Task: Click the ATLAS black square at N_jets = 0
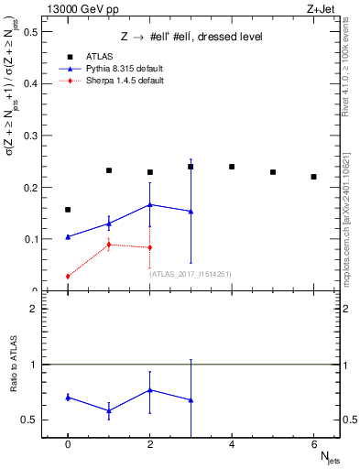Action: pos(68,210)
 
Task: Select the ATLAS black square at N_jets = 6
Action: pos(313,177)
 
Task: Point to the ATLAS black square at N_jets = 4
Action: pos(232,167)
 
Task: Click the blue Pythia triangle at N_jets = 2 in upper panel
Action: pos(149,204)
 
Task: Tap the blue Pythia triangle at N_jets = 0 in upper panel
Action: pos(68,236)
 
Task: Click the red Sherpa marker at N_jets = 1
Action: pos(108,245)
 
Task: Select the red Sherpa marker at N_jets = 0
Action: pos(68,277)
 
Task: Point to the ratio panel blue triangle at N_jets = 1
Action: pos(108,410)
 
